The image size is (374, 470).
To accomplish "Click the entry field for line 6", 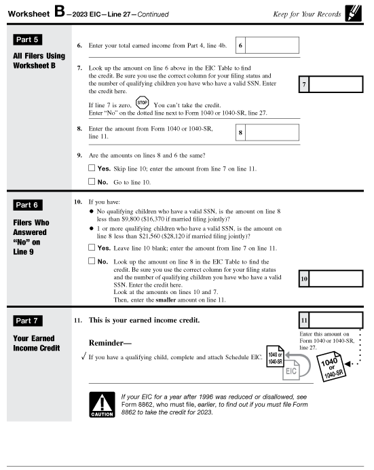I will pos(272,46).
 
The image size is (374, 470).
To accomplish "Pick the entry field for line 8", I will pos(272,132).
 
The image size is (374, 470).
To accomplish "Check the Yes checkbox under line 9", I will pos(92,167).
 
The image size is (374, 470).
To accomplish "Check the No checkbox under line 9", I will pos(92,182).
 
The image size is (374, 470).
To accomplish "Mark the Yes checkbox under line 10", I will pos(92,249).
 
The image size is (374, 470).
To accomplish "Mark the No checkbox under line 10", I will pos(92,261).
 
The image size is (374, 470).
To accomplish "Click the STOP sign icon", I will pos(142,105).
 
